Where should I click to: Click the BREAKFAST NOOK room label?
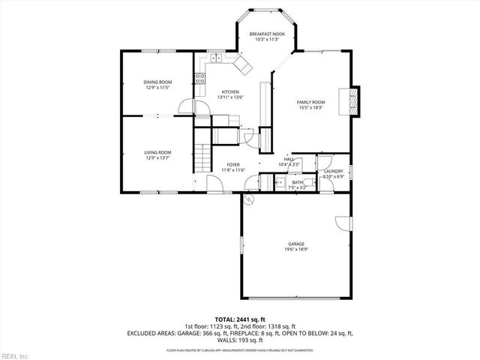point(267,34)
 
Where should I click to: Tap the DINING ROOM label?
point(157,82)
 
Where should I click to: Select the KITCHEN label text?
point(229,91)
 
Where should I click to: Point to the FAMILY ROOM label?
point(310,102)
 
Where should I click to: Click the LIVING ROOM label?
point(157,152)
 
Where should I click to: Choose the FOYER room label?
point(233,164)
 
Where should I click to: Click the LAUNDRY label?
point(333,172)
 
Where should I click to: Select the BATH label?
point(298,181)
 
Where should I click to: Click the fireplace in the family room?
point(354,102)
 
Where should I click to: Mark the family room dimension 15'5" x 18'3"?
point(310,107)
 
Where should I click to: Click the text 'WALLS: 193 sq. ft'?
point(239,339)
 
